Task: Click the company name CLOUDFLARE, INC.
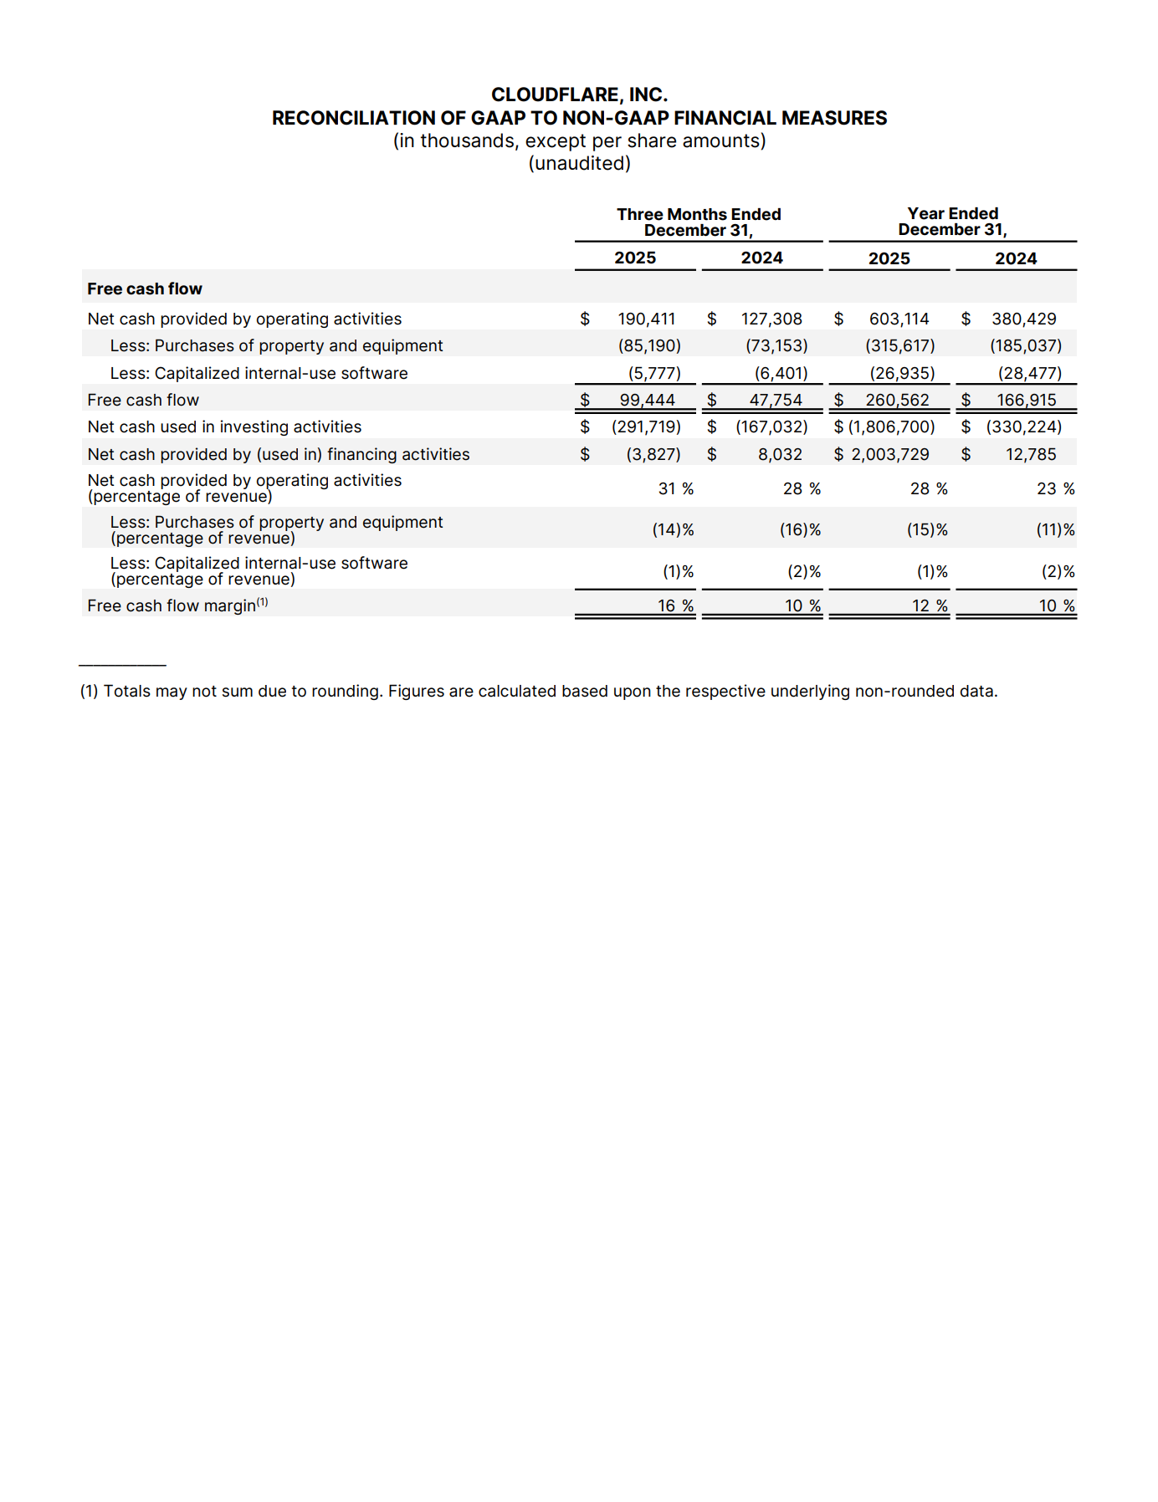point(579,95)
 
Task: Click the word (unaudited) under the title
point(579,164)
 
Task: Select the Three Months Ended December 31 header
point(699,222)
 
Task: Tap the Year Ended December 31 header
point(952,222)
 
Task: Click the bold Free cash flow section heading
point(145,289)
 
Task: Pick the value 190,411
point(646,319)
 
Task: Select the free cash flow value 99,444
point(647,401)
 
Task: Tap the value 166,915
point(1026,401)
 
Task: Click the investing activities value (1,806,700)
point(891,427)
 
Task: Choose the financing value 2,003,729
point(890,455)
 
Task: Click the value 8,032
point(780,455)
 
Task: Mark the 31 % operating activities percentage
point(675,489)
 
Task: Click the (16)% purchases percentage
point(800,530)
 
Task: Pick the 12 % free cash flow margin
point(929,606)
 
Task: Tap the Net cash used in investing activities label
point(224,427)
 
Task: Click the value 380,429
point(1023,319)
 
